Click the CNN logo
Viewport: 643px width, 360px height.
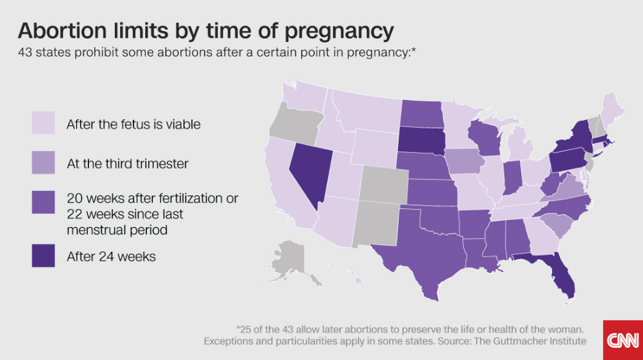[622, 339]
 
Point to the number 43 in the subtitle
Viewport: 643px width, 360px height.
[26, 51]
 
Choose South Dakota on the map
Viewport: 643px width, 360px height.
[418, 138]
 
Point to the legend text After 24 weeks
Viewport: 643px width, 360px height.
[111, 256]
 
